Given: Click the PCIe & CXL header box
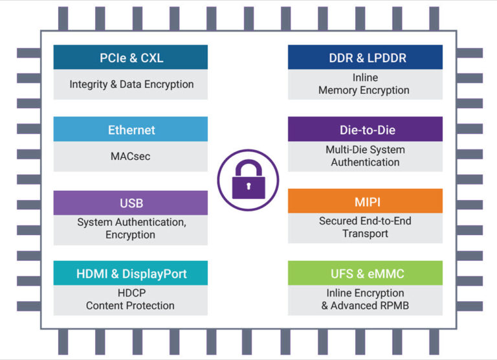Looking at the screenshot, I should pos(131,58).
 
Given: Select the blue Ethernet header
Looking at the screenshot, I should pos(131,129).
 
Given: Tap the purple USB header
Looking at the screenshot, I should pos(131,203).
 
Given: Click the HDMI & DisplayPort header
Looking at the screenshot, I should pos(131,273).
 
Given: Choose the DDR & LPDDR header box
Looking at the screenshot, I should pos(365,58).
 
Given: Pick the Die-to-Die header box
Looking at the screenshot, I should pos(365,129).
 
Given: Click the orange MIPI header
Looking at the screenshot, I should pos(365,201).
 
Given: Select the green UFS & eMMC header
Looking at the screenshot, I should pos(365,273).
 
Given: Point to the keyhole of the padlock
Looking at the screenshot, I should pos(248,186).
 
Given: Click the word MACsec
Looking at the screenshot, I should pos(131,156).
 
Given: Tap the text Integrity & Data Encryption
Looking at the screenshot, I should pos(131,84).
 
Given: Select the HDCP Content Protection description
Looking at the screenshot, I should pos(131,298).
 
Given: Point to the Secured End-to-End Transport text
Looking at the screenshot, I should pos(365,227).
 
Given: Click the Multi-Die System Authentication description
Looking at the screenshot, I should pos(365,155).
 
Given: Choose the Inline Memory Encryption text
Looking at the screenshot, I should pos(365,84).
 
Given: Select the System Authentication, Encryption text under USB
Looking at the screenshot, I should pos(131,228).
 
